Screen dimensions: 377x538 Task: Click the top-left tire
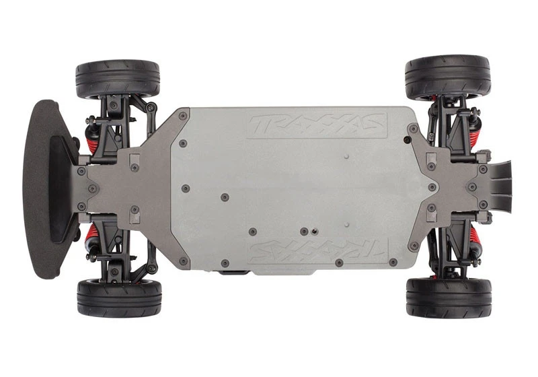tap(118, 79)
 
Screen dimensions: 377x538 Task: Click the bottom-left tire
tap(118, 298)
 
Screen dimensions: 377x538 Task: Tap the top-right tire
tap(448, 76)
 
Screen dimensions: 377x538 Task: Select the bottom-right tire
tap(448, 297)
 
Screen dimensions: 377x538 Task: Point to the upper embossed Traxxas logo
tap(317, 124)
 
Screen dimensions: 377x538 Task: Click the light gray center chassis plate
tap(296, 188)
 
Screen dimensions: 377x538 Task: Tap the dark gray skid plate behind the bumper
tap(121, 187)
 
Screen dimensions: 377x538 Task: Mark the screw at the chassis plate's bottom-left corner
tap(182, 259)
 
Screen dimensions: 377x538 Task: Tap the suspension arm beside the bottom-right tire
tap(437, 260)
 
